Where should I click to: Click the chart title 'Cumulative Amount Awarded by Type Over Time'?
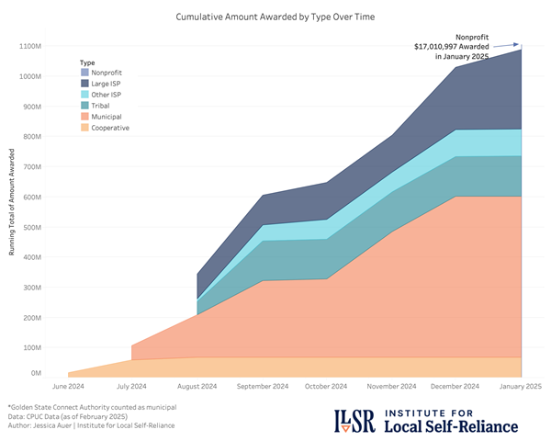[275, 17]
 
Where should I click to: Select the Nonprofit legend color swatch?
[85, 73]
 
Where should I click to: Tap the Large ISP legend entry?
[108, 84]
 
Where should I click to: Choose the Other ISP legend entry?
[108, 95]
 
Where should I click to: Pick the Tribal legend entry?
[103, 106]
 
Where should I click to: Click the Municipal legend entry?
[107, 117]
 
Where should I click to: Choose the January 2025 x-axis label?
[521, 387]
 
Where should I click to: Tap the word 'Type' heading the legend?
[88, 61]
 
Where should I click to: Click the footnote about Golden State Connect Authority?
[92, 405]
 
